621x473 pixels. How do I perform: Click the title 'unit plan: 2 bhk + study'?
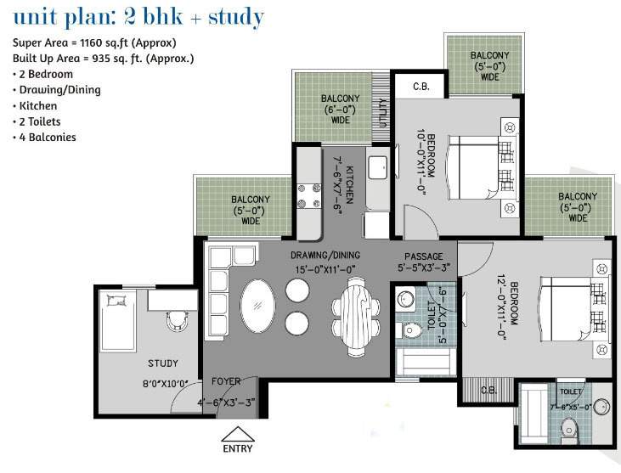click(x=138, y=17)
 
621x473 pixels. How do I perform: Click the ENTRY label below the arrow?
click(x=237, y=448)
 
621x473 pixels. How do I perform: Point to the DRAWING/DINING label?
click(x=325, y=256)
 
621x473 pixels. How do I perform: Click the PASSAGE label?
click(x=423, y=256)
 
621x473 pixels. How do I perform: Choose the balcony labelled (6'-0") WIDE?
click(x=334, y=109)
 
